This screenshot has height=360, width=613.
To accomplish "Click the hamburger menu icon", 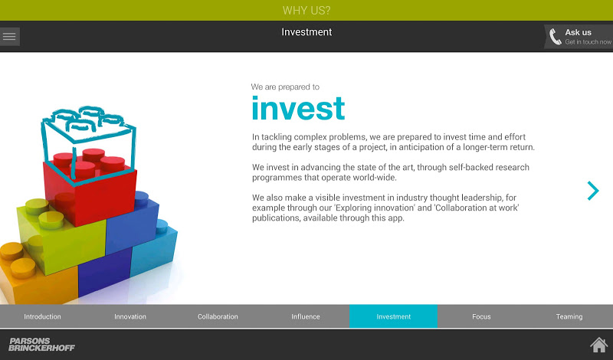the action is pyautogui.click(x=9, y=36).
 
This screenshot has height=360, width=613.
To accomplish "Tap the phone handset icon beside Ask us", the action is pyautogui.click(x=555, y=37).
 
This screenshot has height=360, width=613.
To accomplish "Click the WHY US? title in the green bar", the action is pyautogui.click(x=306, y=10).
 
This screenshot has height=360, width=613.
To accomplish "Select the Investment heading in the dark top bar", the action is pyautogui.click(x=306, y=32).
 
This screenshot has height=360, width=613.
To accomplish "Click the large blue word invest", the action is pyautogui.click(x=298, y=108).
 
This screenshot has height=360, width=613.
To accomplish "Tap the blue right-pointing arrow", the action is pyautogui.click(x=593, y=191).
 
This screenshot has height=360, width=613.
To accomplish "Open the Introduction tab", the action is pyautogui.click(x=42, y=316).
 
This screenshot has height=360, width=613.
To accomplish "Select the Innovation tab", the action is pyautogui.click(x=130, y=316).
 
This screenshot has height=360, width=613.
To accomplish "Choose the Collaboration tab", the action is pyautogui.click(x=218, y=316).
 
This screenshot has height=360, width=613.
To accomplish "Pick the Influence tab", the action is pyautogui.click(x=306, y=316).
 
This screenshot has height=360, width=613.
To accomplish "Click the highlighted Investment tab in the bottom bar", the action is pyautogui.click(x=393, y=316).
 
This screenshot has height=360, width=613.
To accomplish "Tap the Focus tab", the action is pyautogui.click(x=481, y=316).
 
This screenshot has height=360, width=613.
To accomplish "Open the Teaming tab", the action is pyautogui.click(x=569, y=316).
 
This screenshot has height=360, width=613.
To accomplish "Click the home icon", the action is pyautogui.click(x=599, y=345).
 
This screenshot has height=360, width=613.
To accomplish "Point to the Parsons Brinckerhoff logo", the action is pyautogui.click(x=41, y=345).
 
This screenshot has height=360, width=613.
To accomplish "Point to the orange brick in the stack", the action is pyautogui.click(x=35, y=273).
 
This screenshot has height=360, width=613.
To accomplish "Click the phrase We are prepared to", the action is pyautogui.click(x=285, y=87).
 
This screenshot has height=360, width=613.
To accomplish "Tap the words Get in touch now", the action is pyautogui.click(x=588, y=42).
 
